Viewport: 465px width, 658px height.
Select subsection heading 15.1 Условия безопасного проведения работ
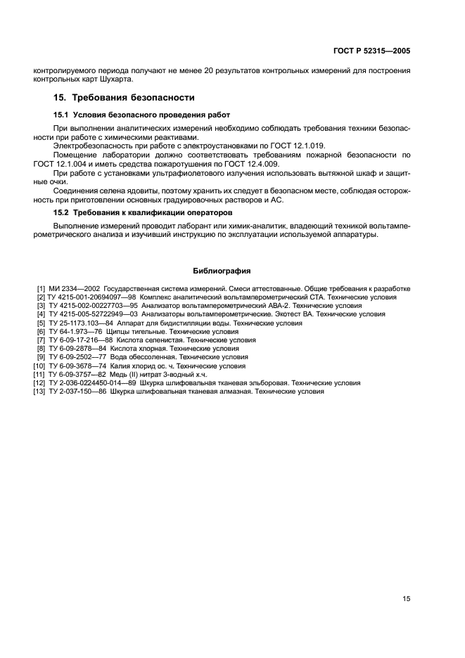pos(141,115)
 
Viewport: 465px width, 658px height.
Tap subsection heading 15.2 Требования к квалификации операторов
pos(144,212)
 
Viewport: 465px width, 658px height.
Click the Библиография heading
pos(222,271)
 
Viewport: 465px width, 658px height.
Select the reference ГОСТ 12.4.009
pos(255,163)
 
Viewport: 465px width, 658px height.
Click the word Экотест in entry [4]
pos(273,314)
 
